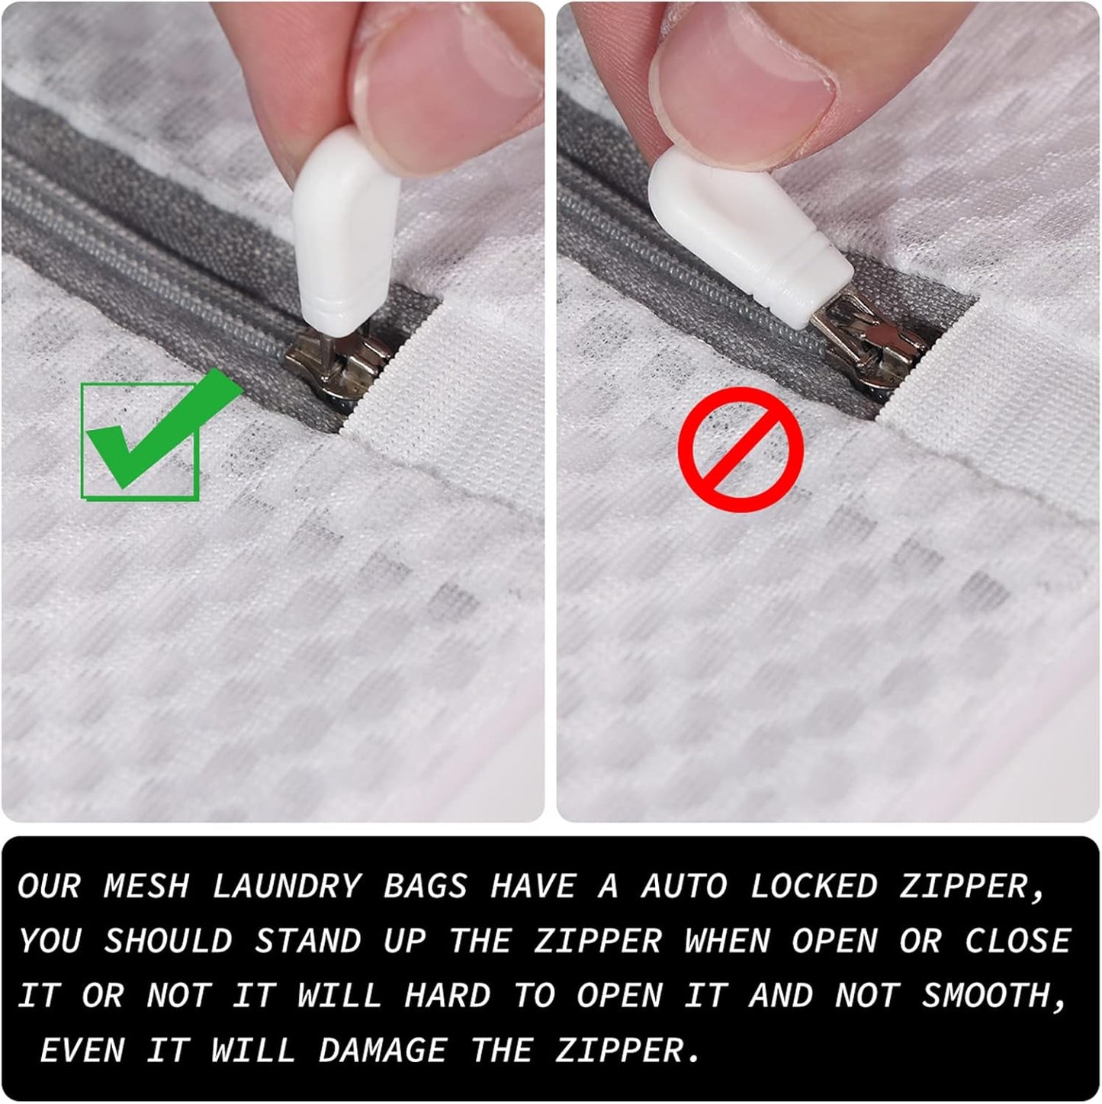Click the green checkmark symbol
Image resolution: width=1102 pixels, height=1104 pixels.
pyautogui.click(x=153, y=435)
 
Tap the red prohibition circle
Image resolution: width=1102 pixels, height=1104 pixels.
pyautogui.click(x=741, y=449)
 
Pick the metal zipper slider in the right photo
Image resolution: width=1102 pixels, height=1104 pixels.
pyautogui.click(x=877, y=343)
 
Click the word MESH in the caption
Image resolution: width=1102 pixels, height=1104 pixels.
pyautogui.click(x=146, y=886)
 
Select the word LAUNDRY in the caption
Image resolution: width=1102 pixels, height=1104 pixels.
pyautogui.click(x=286, y=886)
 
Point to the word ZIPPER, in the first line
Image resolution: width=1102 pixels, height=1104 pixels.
pyautogui.click(x=973, y=887)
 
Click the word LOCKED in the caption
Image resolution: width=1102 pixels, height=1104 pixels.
pyautogui.click(x=813, y=886)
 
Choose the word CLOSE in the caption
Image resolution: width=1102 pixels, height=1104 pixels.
pyautogui.click(x=1017, y=941)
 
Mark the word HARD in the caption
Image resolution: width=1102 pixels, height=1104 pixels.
pyautogui.click(x=447, y=996)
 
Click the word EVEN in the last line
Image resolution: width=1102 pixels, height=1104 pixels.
pyautogui.click(x=82, y=1051)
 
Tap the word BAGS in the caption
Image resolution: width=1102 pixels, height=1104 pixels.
pyautogui.click(x=425, y=886)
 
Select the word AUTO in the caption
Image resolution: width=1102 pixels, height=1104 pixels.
pyautogui.click(x=683, y=886)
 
